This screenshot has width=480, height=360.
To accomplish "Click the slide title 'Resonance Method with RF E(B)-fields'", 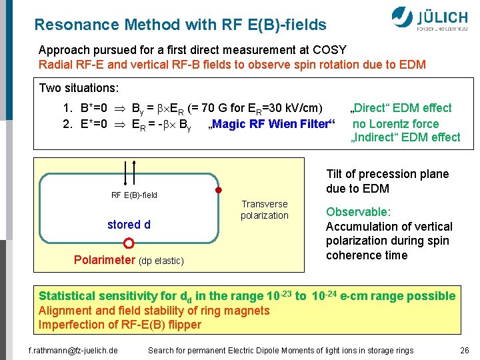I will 180,25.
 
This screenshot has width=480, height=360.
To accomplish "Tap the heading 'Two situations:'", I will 79,88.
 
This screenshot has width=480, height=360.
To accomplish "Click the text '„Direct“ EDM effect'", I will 401,108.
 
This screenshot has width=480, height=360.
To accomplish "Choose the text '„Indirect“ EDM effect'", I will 405,137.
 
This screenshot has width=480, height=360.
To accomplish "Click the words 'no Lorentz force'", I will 395,123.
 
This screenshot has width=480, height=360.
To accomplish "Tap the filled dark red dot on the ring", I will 217,191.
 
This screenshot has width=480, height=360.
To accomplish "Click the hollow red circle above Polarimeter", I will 129,243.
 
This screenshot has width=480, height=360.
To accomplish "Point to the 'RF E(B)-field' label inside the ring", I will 134,195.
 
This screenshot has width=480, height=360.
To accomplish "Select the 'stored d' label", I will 129,225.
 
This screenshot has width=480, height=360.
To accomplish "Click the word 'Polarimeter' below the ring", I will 103,260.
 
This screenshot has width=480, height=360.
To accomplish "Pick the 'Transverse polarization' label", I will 265,209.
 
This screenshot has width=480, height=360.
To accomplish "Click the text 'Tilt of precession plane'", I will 387,174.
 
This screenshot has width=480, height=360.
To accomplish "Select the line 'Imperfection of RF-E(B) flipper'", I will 120,325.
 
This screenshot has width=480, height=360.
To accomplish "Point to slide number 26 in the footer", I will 464,350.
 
